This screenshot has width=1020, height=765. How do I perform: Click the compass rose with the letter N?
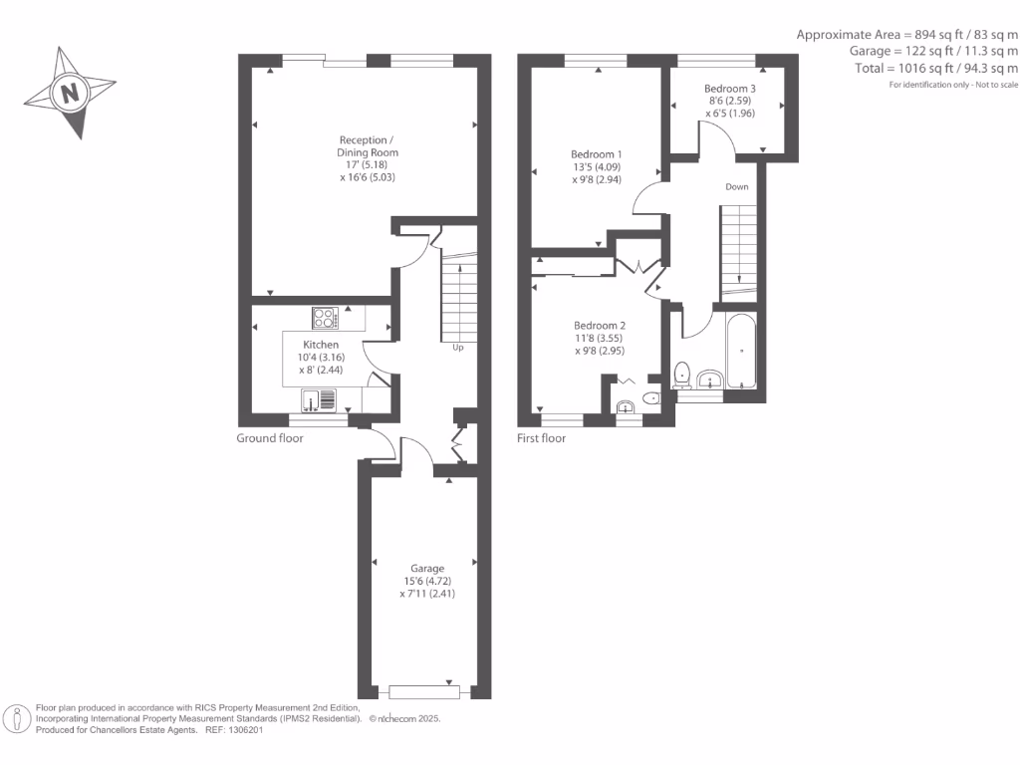(69, 94)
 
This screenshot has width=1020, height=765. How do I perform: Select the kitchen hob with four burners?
(325, 319)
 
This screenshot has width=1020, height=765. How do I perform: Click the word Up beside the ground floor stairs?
(458, 348)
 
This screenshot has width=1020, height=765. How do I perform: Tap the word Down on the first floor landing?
(737, 187)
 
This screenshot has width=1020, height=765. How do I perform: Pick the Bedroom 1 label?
(597, 154)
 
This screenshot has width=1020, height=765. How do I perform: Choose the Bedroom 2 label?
(600, 326)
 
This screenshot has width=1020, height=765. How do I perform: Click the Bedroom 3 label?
(730, 89)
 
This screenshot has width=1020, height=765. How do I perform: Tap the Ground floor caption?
(270, 438)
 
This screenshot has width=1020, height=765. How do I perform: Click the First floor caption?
(541, 438)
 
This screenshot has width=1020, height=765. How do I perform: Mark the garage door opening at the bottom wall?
(424, 691)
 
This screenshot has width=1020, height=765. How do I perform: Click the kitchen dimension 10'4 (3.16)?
(321, 357)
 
